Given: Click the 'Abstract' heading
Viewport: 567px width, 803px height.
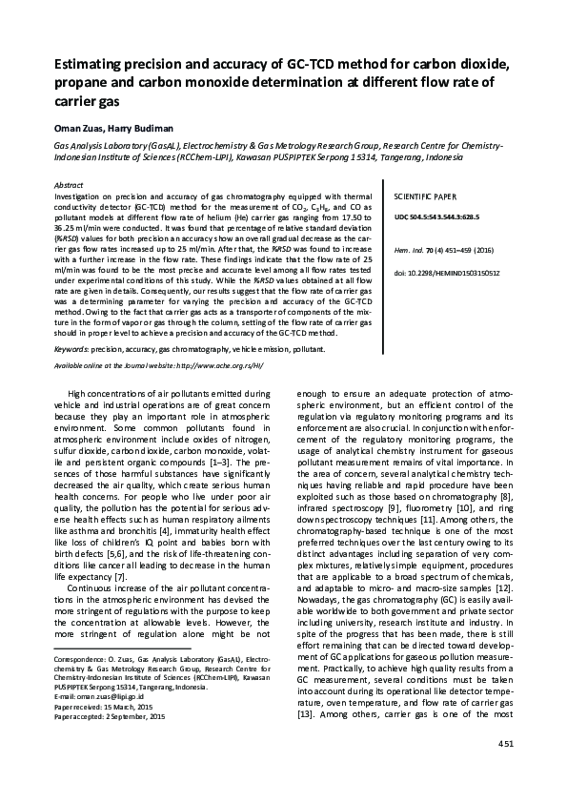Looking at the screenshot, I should click(69, 183).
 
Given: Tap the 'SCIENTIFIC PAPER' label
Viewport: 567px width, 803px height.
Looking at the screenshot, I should click(421, 193).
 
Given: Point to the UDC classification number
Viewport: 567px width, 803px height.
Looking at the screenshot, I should click(445, 216).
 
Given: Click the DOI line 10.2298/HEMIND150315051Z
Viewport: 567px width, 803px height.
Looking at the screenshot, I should click(446, 272).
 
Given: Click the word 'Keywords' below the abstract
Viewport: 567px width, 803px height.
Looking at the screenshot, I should click(72, 349).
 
